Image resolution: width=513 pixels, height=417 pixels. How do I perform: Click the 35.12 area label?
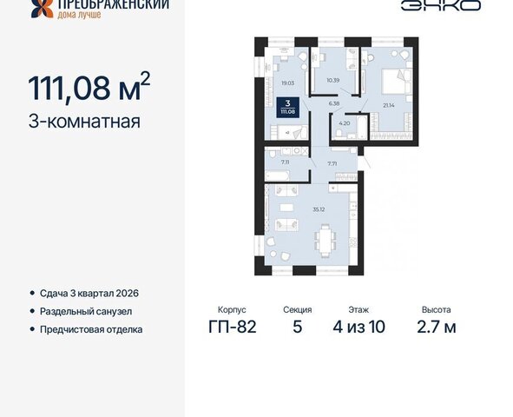coord(319,209)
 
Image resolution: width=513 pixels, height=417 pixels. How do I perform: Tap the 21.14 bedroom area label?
coord(389,105)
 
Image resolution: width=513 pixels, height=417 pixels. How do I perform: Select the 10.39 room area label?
coord(333,80)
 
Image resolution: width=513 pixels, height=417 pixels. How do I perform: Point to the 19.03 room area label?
coord(288,83)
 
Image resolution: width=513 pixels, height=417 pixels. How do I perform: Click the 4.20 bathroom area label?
coord(345,123)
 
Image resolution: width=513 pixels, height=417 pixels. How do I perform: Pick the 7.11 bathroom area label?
coord(286,162)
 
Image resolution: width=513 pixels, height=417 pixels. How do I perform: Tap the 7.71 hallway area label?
coord(332,163)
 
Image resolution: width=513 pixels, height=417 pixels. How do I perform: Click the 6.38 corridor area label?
coord(334,103)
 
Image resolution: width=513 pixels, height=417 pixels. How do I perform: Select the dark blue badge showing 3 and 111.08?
coord(287,107)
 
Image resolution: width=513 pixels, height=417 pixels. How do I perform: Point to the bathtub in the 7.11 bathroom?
coord(277,175)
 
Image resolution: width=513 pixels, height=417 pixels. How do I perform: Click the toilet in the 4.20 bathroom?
coord(339,134)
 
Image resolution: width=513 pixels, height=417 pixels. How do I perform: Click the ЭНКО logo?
coord(441,5)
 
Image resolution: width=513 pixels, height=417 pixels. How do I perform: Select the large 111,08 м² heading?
coord(89,87)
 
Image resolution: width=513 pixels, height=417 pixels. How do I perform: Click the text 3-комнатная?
coord(84,122)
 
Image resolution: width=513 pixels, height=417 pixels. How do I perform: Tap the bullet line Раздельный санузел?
coord(86,311)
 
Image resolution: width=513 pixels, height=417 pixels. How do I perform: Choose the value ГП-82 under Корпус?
coord(233,327)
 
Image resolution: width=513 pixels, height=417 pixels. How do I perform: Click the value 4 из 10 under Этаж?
coord(358,327)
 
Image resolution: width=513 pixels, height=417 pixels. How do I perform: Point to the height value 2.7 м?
coord(437,327)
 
